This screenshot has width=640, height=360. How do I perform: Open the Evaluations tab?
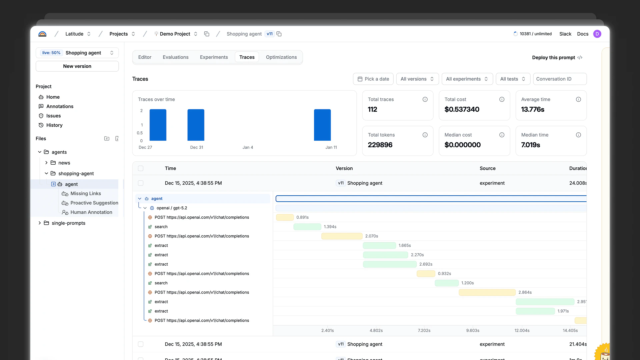pos(175,57)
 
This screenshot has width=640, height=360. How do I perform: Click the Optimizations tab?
pos(281,57)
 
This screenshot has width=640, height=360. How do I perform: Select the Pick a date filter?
pos(373,79)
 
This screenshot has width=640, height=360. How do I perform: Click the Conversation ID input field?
pos(560,79)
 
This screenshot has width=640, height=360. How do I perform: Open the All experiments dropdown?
pos(467,79)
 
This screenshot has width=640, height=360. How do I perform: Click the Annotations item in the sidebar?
pos(60,106)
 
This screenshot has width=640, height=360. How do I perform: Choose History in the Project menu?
pos(54,125)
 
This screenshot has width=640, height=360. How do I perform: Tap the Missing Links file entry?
pos(85,194)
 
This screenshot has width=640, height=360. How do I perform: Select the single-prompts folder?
pos(68,223)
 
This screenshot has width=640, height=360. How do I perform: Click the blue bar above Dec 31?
pos(196,125)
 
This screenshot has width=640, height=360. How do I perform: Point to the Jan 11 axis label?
pos(331,147)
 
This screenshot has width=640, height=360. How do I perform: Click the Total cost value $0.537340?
pos(462,109)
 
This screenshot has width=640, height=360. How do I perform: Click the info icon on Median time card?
pos(578,135)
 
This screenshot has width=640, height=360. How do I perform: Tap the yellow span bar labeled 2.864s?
pos(487,292)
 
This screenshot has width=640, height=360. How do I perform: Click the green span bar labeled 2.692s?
pos(390,264)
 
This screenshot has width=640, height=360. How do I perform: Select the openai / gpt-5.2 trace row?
pos(172,208)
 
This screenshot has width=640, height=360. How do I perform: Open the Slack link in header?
pos(565,34)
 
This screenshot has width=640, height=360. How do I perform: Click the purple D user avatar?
pos(597,34)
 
